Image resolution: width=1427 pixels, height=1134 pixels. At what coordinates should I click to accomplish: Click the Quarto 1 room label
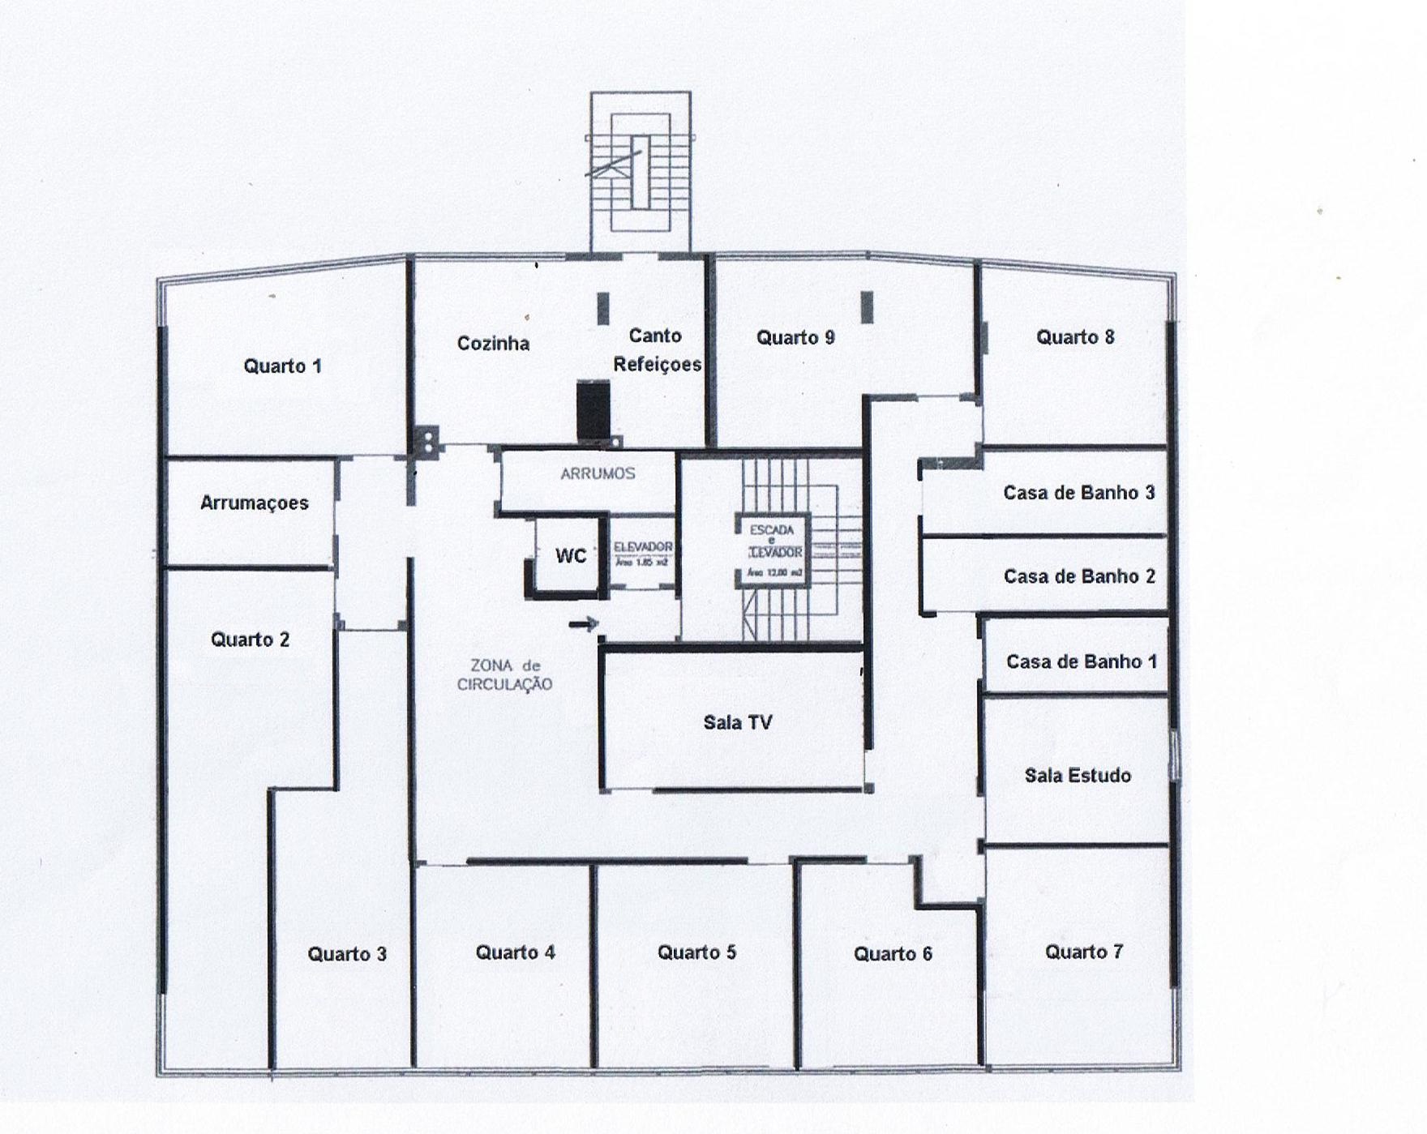(282, 366)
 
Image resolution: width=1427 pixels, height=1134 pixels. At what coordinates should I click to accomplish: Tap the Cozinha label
(493, 344)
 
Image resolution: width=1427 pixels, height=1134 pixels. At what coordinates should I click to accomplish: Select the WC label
(571, 556)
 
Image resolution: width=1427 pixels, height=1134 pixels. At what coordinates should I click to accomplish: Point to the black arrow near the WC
(584, 623)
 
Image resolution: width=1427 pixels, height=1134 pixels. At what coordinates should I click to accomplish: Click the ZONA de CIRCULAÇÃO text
(504, 674)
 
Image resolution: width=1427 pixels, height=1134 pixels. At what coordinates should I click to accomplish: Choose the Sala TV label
(737, 722)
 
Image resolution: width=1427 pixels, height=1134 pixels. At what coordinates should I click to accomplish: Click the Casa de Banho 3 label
(1078, 493)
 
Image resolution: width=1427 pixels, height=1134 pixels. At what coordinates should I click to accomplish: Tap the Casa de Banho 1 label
(1081, 661)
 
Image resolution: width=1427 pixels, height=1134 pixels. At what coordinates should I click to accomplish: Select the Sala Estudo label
(1077, 776)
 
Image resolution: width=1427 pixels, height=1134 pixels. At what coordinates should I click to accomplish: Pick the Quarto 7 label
(1083, 952)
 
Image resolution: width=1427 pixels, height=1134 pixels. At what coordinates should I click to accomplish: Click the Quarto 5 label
(696, 952)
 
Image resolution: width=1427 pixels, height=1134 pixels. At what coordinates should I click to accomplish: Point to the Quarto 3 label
(347, 954)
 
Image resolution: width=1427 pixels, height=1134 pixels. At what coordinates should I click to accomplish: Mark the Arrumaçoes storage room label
(254, 503)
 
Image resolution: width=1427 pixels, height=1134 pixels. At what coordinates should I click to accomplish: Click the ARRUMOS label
(598, 473)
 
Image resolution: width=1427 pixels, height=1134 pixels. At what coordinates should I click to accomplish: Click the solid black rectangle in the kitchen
(593, 410)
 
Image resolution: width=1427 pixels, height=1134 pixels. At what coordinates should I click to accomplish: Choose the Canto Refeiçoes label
(657, 350)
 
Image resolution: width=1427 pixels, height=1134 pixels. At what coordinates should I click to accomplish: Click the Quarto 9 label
(795, 338)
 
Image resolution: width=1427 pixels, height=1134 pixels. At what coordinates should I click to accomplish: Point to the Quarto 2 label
(250, 640)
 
